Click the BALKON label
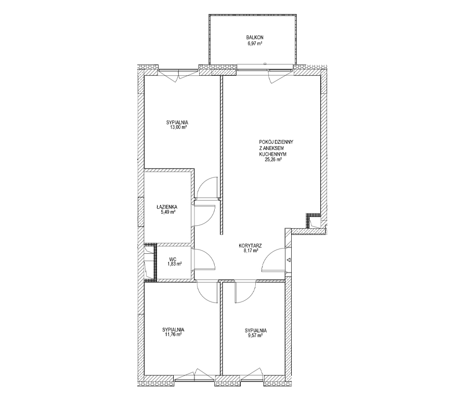[x=254, y=37]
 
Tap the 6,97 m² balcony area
[x=254, y=44]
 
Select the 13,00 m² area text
[x=177, y=127]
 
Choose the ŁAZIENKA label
[x=166, y=207]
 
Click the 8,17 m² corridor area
[x=251, y=251]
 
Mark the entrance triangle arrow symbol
[x=289, y=259]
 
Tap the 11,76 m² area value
[x=173, y=335]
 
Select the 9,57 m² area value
[x=256, y=335]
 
